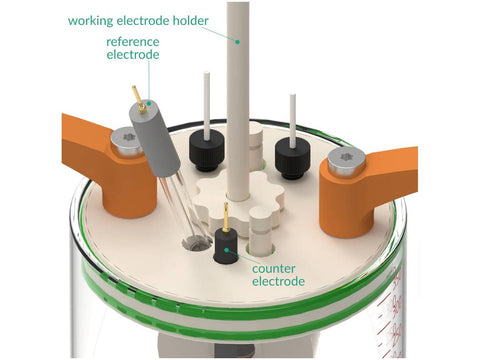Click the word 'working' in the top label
click(x=91, y=21)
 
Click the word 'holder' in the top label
click(x=190, y=20)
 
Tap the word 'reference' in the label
click(x=133, y=42)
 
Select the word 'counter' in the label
click(x=274, y=269)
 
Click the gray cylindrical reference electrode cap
click(x=155, y=139)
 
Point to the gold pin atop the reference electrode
click(x=139, y=99)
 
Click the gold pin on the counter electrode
click(x=226, y=217)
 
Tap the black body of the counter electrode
click(x=226, y=247)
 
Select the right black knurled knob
click(x=292, y=158)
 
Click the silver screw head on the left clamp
click(x=127, y=141)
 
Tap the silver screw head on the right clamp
click(x=345, y=161)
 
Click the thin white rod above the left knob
click(x=207, y=105)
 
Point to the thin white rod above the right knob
click(x=293, y=121)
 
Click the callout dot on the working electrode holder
click(x=238, y=42)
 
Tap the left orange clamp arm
click(x=110, y=166)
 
